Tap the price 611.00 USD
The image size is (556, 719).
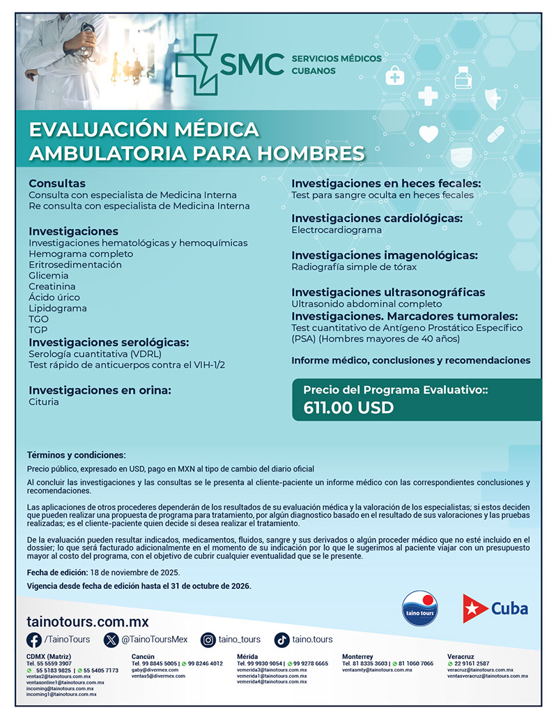click(348, 408)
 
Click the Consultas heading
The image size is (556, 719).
click(57, 183)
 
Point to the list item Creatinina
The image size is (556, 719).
click(52, 286)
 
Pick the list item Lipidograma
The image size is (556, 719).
click(58, 308)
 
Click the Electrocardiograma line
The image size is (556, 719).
click(337, 230)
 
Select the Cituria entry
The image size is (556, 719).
click(44, 402)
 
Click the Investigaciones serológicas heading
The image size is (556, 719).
click(109, 342)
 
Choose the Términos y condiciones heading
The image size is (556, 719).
click(77, 455)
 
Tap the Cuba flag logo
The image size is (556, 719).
click(476, 608)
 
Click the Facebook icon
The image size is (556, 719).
click(34, 640)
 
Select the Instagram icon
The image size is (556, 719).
click(208, 640)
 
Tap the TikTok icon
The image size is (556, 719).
click(282, 640)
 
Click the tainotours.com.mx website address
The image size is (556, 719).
click(87, 621)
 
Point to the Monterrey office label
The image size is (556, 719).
click(357, 656)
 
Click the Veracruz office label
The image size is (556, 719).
click(461, 656)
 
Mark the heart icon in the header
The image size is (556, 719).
click(428, 133)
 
